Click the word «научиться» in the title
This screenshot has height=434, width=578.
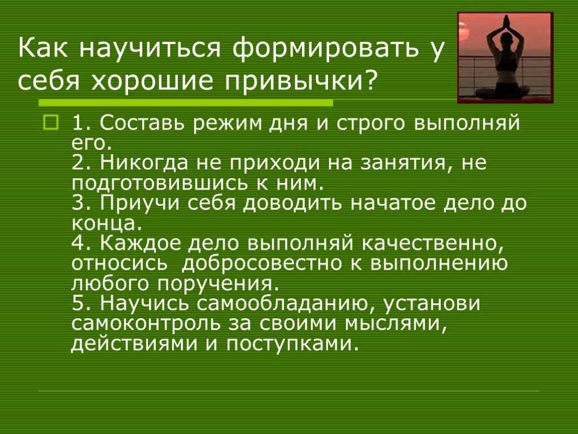coord(150,48)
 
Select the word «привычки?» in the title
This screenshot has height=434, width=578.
coord(300,82)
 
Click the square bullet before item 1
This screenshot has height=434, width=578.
coord(51,123)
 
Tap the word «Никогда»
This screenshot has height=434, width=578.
coord(144,162)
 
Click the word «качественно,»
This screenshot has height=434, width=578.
coord(432,244)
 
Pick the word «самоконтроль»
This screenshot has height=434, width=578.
coord(146,324)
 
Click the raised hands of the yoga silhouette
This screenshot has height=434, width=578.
coord(506,21)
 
